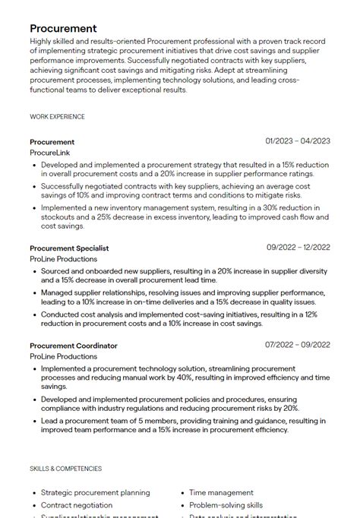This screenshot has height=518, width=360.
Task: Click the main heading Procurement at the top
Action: [63, 29]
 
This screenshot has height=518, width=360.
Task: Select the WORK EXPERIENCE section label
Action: [57, 117]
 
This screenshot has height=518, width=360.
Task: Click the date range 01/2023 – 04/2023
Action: [298, 141]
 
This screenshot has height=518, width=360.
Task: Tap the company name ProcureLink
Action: [50, 153]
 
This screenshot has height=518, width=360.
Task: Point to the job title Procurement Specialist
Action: [69, 248]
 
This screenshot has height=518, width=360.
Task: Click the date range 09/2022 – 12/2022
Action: [298, 248]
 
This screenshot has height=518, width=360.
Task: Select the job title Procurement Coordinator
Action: [74, 346]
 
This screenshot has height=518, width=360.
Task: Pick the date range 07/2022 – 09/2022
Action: [298, 345]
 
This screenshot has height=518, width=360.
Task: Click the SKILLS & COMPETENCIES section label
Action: [65, 469]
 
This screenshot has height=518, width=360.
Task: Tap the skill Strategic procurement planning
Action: [95, 493]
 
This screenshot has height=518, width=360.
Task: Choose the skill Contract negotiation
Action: [76, 505]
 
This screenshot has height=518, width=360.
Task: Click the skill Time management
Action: [221, 493]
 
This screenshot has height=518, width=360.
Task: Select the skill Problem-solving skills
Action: [226, 505]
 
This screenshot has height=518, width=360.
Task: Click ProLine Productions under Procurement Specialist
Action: [64, 259]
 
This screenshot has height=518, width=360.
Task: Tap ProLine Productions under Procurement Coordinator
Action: [64, 356]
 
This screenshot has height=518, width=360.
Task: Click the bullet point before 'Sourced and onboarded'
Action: [34, 270]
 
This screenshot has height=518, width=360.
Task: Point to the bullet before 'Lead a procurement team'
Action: [34, 421]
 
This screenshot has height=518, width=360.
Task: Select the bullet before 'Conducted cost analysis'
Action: [34, 314]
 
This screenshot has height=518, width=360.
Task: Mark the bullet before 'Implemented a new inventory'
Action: [34, 207]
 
